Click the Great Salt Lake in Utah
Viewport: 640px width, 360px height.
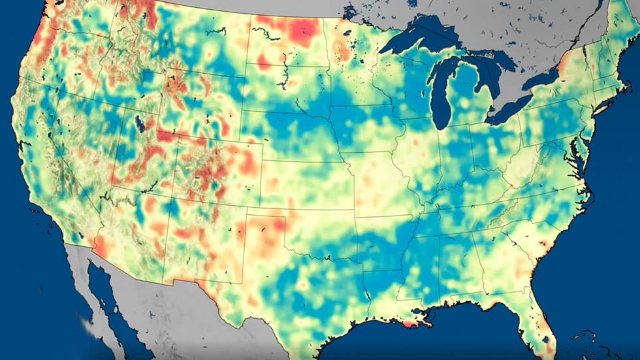139,123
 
